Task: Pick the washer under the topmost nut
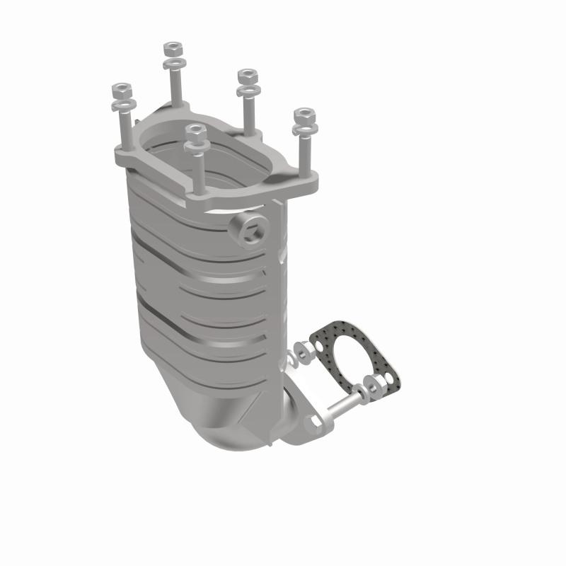(x=173, y=64)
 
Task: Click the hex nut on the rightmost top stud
(x=304, y=114)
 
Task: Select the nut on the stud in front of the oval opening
(x=195, y=132)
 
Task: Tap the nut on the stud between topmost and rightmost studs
(x=246, y=76)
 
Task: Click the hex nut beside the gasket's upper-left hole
(x=306, y=350)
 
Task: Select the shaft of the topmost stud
(x=174, y=88)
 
